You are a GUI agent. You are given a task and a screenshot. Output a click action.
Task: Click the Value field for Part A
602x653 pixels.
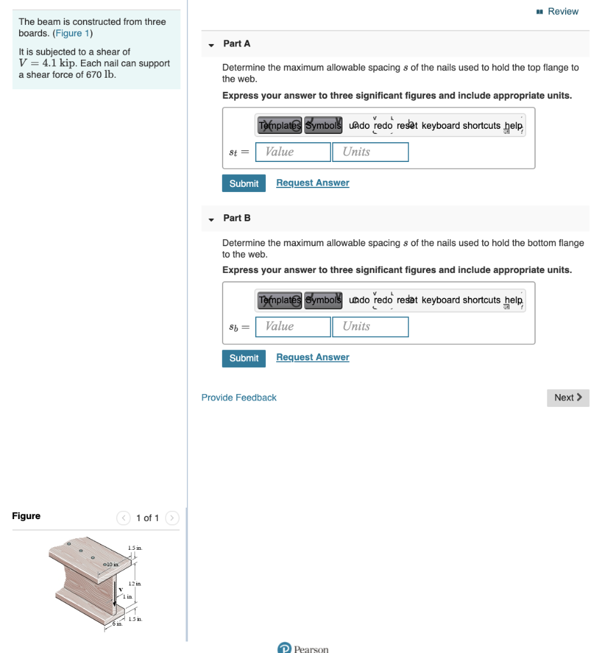pyautogui.click(x=293, y=152)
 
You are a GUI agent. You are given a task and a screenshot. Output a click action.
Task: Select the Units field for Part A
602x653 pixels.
pyautogui.click(x=370, y=152)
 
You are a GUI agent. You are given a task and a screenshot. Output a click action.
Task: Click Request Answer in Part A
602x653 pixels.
pyautogui.click(x=312, y=183)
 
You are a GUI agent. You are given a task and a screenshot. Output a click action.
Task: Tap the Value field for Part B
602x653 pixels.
pyautogui.click(x=293, y=326)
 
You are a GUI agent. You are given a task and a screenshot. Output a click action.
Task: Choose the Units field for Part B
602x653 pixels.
pyautogui.click(x=370, y=326)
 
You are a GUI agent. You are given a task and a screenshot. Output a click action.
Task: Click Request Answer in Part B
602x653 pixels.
pyautogui.click(x=312, y=358)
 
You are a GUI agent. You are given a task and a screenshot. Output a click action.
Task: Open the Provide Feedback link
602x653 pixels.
pyautogui.click(x=239, y=397)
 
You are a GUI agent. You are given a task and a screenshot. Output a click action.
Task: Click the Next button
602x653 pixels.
pyautogui.click(x=568, y=397)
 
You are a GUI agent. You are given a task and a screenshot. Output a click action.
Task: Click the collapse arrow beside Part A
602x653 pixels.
pyautogui.click(x=211, y=45)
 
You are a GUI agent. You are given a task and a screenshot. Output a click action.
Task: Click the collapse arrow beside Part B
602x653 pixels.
pyautogui.click(x=211, y=219)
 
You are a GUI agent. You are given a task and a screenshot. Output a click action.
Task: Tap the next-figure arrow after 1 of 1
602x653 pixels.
pyautogui.click(x=172, y=518)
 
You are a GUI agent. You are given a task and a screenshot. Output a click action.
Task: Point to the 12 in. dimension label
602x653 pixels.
pyautogui.click(x=135, y=584)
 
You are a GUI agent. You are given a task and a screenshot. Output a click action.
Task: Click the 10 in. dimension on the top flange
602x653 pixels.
pyautogui.click(x=113, y=564)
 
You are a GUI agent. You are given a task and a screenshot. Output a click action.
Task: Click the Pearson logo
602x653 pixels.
pyautogui.click(x=304, y=649)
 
